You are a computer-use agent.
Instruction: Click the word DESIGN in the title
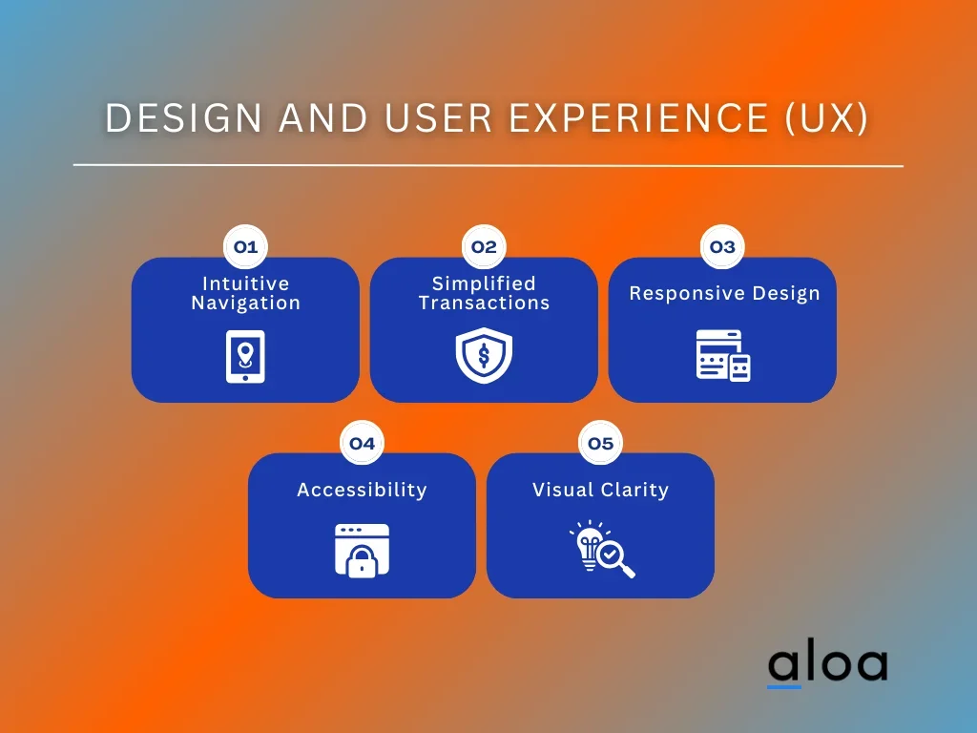coord(184,117)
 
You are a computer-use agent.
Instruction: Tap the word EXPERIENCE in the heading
coord(639,117)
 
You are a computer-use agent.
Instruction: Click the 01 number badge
coord(245,247)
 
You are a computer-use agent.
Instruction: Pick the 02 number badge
coord(484,247)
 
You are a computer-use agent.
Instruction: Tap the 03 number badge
coord(723,247)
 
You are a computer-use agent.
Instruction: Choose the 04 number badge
coord(362,443)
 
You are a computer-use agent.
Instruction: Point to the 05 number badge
coord(601,443)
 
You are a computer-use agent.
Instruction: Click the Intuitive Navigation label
coord(245,293)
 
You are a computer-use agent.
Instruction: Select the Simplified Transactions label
coord(484,293)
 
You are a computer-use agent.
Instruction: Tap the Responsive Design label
coord(724,294)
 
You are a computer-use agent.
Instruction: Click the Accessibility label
coord(362,490)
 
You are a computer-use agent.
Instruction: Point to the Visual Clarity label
coord(601,490)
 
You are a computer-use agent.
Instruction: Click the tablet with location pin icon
coord(245,357)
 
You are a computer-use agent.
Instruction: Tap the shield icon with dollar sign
coord(484,355)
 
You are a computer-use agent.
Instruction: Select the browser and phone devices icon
coord(723,355)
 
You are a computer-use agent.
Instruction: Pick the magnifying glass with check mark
coord(615,557)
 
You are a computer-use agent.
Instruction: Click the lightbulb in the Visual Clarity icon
coord(588,547)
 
